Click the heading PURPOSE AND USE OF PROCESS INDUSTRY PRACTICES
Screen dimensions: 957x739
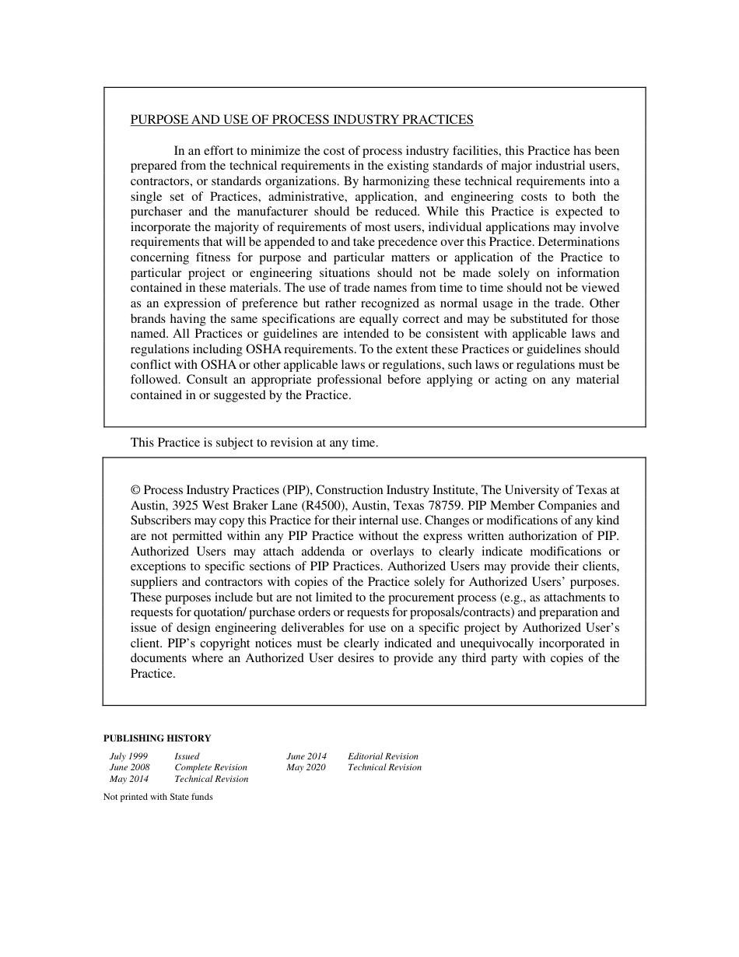tap(302, 120)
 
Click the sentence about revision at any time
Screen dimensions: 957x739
tap(254, 443)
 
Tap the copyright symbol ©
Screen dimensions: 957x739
tap(135, 490)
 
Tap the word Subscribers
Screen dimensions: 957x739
tap(160, 521)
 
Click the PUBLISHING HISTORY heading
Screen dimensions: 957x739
tap(157, 738)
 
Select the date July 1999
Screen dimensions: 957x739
tap(128, 756)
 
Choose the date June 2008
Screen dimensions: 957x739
tap(130, 767)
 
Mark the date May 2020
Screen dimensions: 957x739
tap(306, 767)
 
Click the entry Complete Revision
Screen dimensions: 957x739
tap(211, 767)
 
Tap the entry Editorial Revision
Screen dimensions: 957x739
tap(383, 756)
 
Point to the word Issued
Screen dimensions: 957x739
tap(187, 756)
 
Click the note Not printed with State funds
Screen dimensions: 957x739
tap(158, 797)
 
